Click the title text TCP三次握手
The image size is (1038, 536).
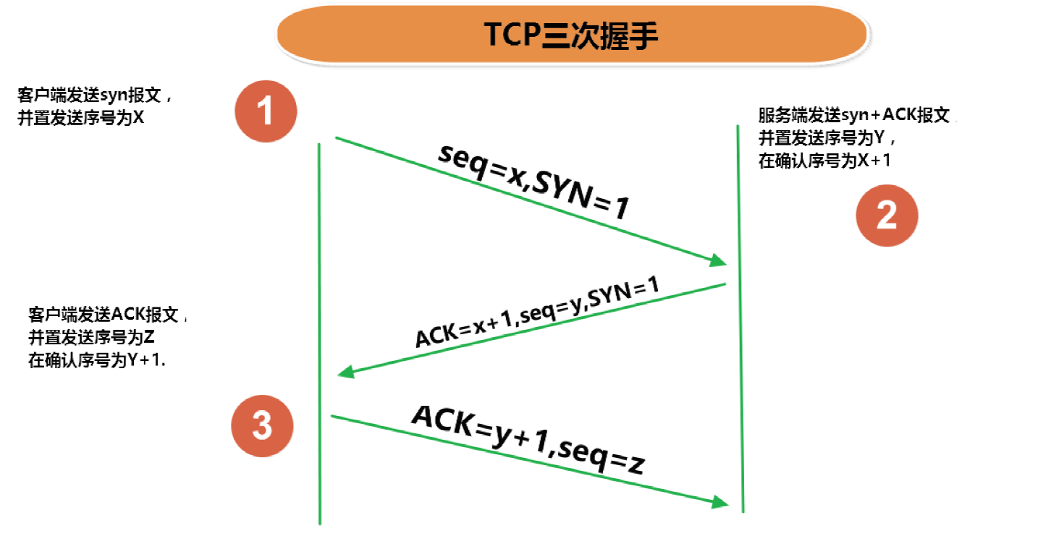coord(571,35)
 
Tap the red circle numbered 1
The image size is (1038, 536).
coord(266,111)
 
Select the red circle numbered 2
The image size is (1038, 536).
coord(887,216)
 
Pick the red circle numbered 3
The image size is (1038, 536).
coord(262,426)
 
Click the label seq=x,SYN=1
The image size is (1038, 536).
coord(533,181)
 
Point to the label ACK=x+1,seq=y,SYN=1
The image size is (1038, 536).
coord(537,311)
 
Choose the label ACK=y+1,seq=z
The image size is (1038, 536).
coord(528,439)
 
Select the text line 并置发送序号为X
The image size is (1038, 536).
coord(80,118)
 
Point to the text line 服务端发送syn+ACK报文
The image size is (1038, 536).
coord(854,115)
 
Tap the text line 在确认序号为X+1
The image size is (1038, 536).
coord(824,161)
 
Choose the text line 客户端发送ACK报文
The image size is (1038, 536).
coord(104,315)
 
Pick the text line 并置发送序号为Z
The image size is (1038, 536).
coord(91,337)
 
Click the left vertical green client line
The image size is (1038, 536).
coord(319,333)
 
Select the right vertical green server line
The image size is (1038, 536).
coord(740,319)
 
